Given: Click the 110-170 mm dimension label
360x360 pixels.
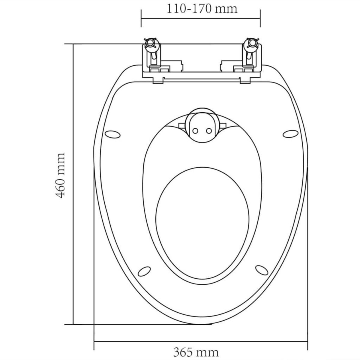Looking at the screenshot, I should pyautogui.click(x=202, y=8).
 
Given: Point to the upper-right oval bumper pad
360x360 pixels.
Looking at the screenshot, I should pyautogui.click(x=290, y=133).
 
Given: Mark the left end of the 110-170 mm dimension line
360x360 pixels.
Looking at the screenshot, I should pyautogui.click(x=141, y=18).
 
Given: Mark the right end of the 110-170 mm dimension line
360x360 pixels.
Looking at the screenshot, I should pyautogui.click(x=260, y=18).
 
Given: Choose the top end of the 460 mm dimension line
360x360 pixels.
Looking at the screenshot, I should pyautogui.click(x=73, y=44).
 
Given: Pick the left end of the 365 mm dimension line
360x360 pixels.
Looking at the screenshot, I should pyautogui.click(x=94, y=341).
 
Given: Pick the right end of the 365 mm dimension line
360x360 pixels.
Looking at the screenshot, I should pyautogui.click(x=308, y=341).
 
